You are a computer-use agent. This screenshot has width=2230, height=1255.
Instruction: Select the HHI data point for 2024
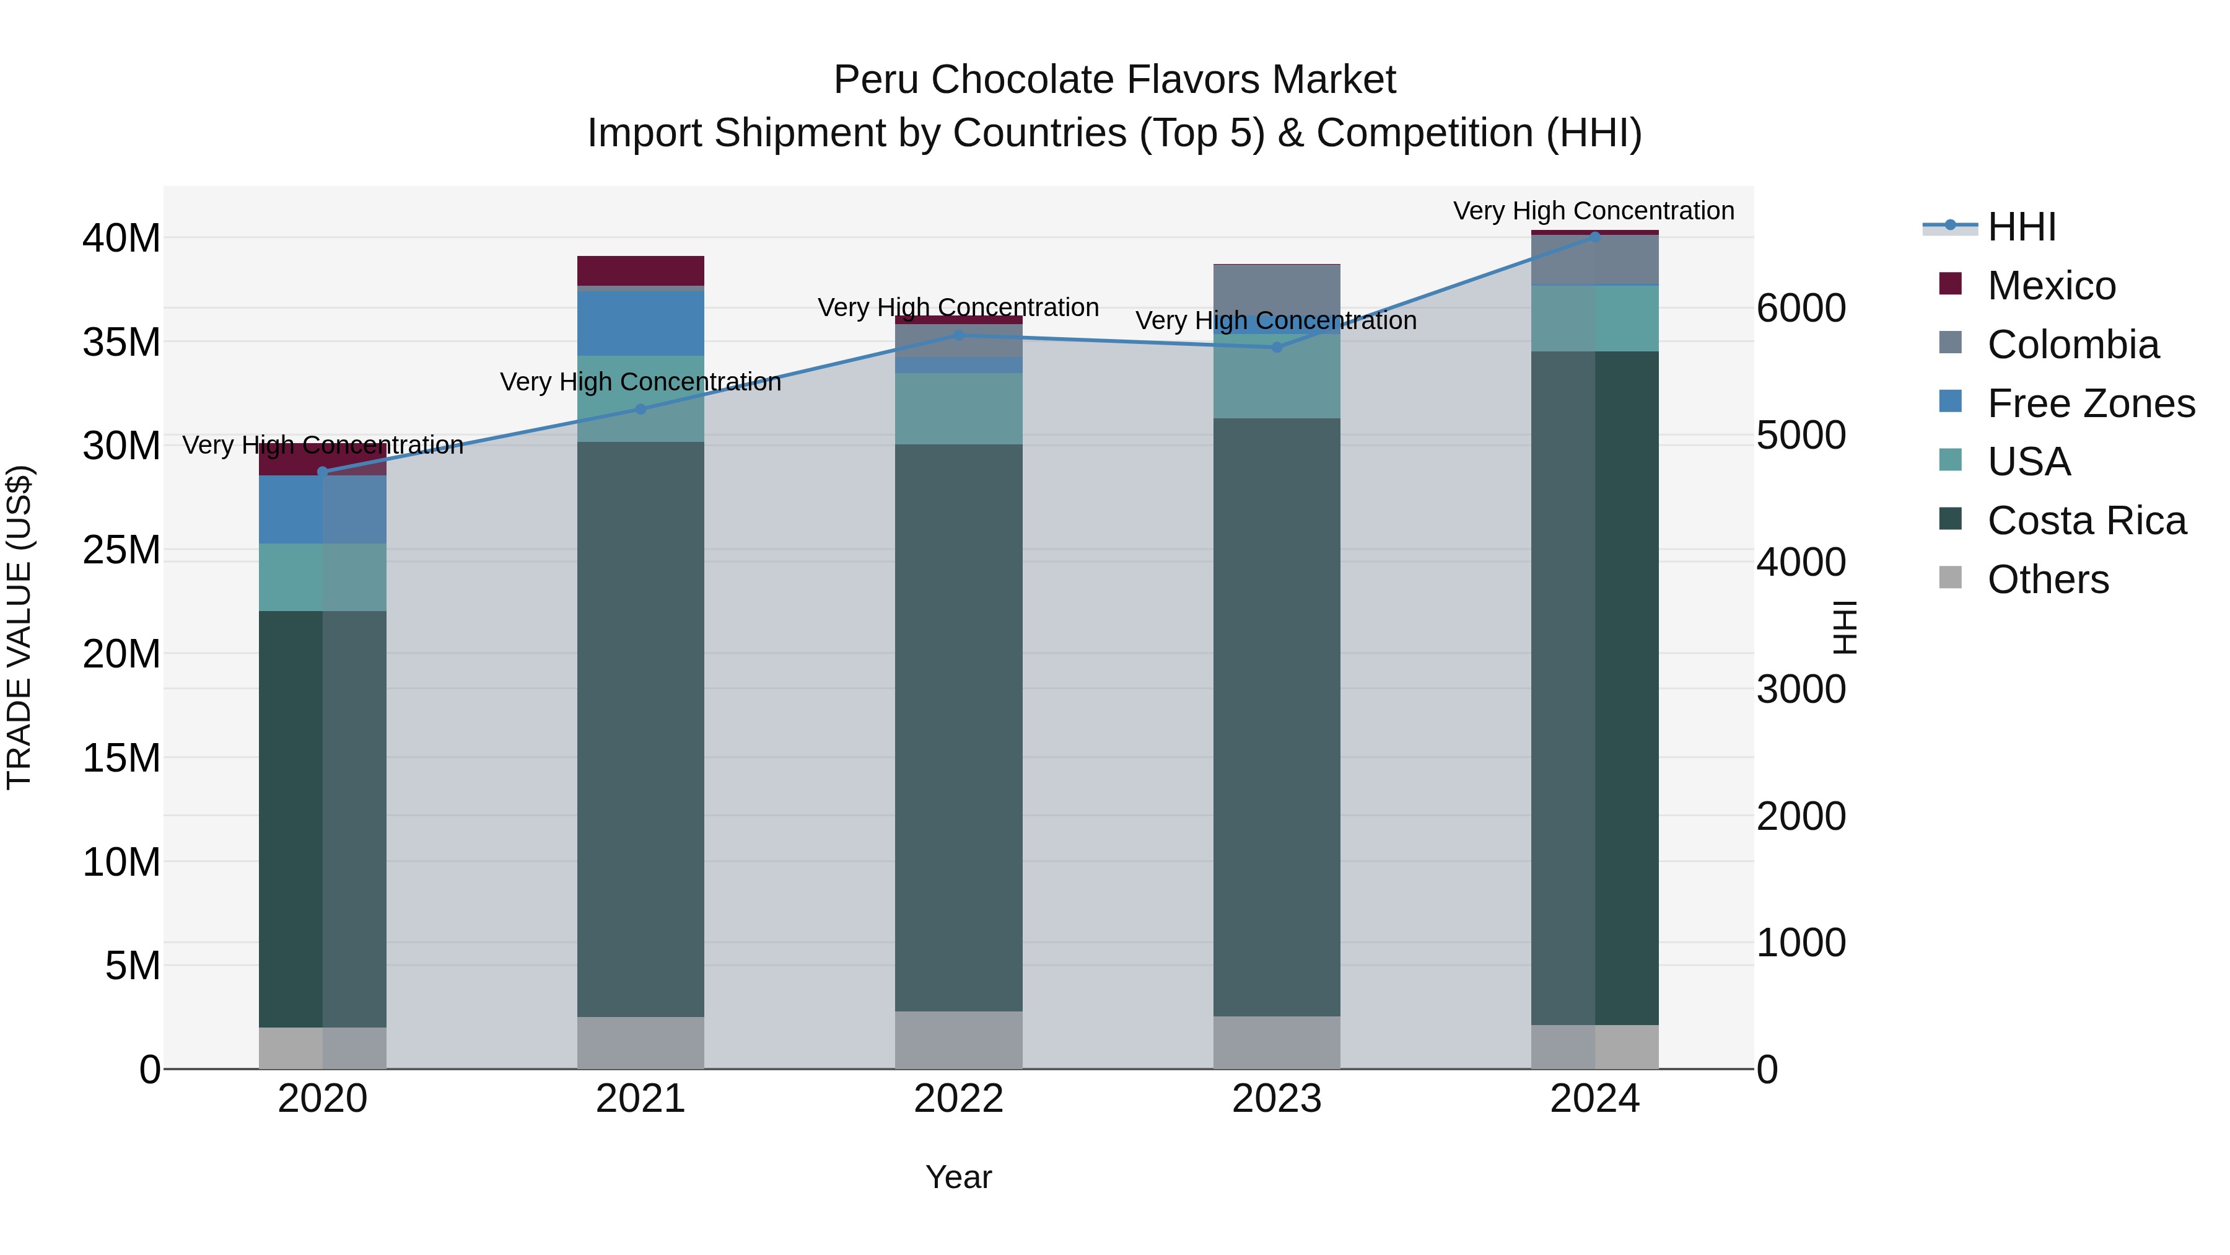[1594, 237]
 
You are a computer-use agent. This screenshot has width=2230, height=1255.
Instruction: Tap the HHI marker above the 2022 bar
[958, 335]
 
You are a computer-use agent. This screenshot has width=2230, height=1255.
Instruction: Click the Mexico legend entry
[2051, 286]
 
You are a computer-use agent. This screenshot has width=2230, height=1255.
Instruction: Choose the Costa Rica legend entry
[2086, 521]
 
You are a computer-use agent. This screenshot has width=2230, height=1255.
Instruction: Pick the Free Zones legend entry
[2091, 403]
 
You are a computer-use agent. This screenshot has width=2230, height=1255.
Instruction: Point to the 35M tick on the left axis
[121, 342]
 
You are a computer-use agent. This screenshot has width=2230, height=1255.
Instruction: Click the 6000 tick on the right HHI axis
[1801, 309]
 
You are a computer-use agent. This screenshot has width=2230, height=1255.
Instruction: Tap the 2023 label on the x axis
[1276, 1099]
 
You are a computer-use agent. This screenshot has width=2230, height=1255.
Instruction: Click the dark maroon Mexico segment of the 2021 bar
[641, 270]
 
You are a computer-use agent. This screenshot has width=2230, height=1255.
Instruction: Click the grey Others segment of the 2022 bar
[958, 1039]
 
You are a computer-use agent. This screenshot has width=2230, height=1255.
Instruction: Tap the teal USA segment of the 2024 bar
[1594, 318]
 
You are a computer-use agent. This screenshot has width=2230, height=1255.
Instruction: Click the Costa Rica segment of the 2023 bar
[1276, 717]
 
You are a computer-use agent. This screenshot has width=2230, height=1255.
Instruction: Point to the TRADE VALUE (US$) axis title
[19, 627]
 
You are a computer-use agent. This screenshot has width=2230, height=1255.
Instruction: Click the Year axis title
[958, 1177]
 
